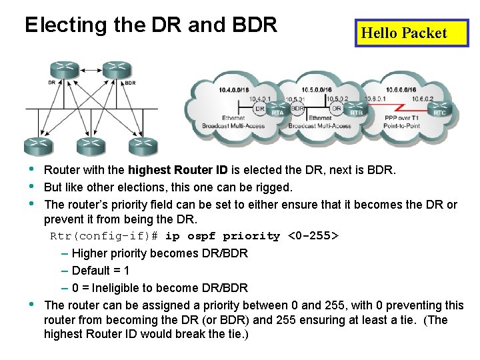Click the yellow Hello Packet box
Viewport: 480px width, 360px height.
[411, 33]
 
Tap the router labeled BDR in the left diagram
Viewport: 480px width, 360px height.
[117, 69]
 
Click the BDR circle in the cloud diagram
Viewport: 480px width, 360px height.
[298, 107]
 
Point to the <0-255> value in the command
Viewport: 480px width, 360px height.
[313, 236]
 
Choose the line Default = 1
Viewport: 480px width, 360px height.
[100, 271]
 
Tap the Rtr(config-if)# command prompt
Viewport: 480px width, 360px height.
[104, 236]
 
